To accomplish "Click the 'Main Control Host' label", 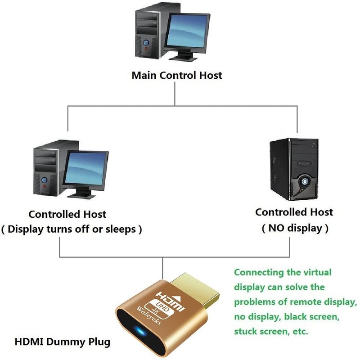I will tap(176, 75).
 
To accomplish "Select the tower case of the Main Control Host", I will tap(148, 31).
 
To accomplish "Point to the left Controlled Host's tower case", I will tap(47, 171).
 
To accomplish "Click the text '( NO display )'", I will tap(294, 228).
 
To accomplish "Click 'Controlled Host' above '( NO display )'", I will tap(294, 212).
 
